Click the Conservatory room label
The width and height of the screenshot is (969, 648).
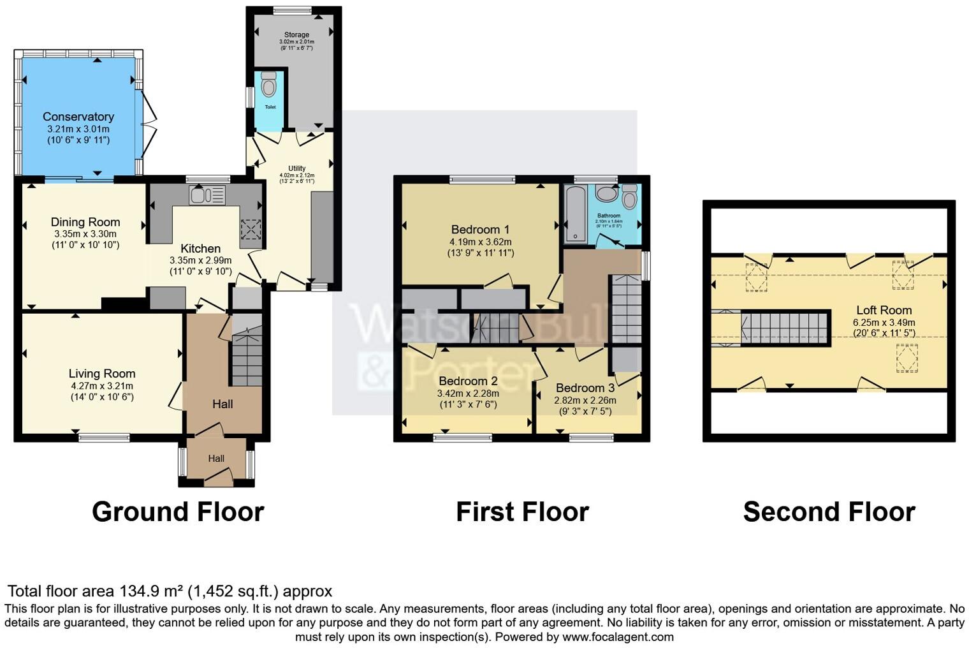coord(78,117)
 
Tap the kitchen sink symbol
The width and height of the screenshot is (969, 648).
coord(207,195)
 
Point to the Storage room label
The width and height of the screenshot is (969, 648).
coord(296,34)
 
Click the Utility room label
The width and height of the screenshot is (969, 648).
coord(296,168)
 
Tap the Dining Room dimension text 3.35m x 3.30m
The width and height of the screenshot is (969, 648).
coord(85,234)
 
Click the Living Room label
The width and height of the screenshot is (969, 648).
coord(102,374)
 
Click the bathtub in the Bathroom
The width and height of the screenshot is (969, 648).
coord(576,214)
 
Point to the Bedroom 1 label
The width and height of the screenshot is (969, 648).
coord(480,230)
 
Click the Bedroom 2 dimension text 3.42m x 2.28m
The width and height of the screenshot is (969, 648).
coord(468,394)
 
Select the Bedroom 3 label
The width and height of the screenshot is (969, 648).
coord(585,388)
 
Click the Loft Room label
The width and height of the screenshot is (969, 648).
coord(884,310)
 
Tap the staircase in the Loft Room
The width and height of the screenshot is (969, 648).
coord(785,328)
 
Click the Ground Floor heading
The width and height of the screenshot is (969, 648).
coord(178,512)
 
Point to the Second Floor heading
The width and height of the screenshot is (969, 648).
coord(829,512)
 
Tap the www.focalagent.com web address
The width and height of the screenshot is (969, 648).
coord(618,637)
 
